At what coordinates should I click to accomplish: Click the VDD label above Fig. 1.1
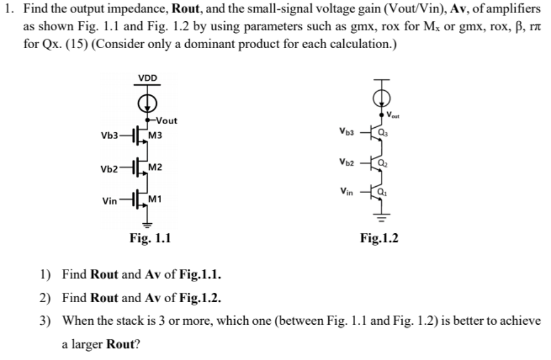[x=148, y=77]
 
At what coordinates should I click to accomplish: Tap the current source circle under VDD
[x=148, y=102]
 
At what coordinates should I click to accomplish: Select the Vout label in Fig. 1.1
[x=166, y=120]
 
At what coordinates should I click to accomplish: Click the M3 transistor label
[x=157, y=135]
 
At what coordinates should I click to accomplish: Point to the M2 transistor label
[x=157, y=168]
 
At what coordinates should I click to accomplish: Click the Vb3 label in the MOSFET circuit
[x=109, y=135]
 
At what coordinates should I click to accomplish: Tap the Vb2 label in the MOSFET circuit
[x=109, y=168]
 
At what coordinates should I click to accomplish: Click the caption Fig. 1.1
[x=150, y=238]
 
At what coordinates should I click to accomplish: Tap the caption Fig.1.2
[x=379, y=238]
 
